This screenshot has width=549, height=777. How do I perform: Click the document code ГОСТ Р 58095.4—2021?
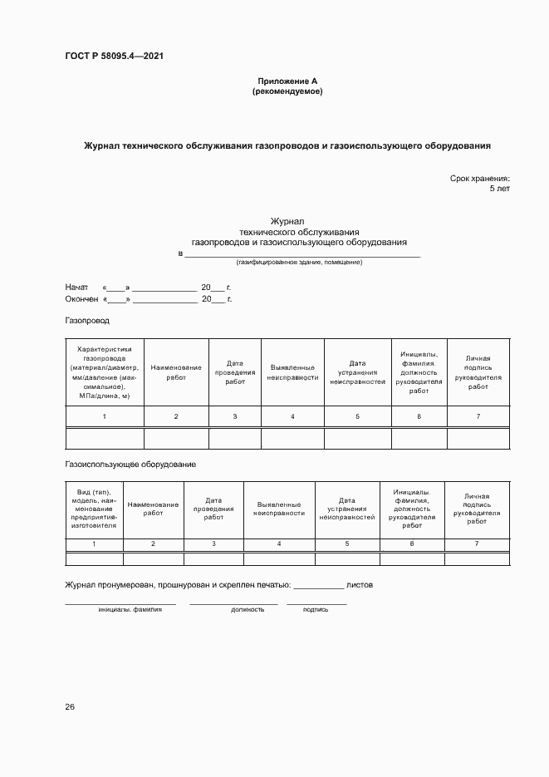(114, 57)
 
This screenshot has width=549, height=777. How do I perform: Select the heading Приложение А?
(287, 81)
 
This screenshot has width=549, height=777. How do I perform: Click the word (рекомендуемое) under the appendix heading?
(287, 91)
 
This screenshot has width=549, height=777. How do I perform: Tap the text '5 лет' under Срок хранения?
(499, 189)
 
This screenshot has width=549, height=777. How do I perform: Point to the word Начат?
(76, 287)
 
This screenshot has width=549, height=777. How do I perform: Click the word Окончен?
(81, 299)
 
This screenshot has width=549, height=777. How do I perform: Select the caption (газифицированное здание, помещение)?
(299, 263)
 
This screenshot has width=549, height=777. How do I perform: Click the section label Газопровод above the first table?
(87, 320)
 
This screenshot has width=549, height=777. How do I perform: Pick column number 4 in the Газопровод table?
(292, 416)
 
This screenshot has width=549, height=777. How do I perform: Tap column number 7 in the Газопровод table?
(478, 416)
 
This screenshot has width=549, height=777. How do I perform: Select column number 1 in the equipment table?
(94, 543)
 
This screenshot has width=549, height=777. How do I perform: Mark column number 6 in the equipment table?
(412, 543)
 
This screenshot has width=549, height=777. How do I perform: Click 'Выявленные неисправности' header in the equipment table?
(281, 509)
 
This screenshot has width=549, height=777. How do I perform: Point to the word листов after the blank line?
(360, 585)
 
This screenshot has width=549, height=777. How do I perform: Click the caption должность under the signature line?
(248, 609)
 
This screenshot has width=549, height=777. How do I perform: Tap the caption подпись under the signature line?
(316, 609)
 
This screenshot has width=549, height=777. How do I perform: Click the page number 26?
(70, 707)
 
